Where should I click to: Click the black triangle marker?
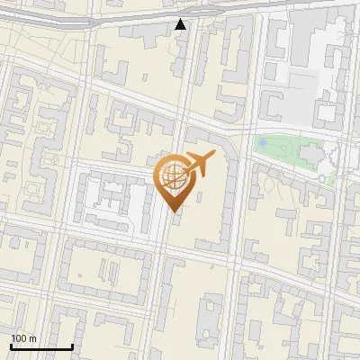[x=181, y=24]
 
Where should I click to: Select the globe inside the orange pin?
[x=175, y=178]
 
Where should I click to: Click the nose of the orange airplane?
[x=214, y=155]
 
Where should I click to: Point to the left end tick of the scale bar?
[x=12, y=346]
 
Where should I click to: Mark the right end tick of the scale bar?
[x=72, y=346]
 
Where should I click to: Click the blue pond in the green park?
[x=262, y=142]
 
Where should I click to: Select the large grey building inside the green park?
[x=313, y=154]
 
